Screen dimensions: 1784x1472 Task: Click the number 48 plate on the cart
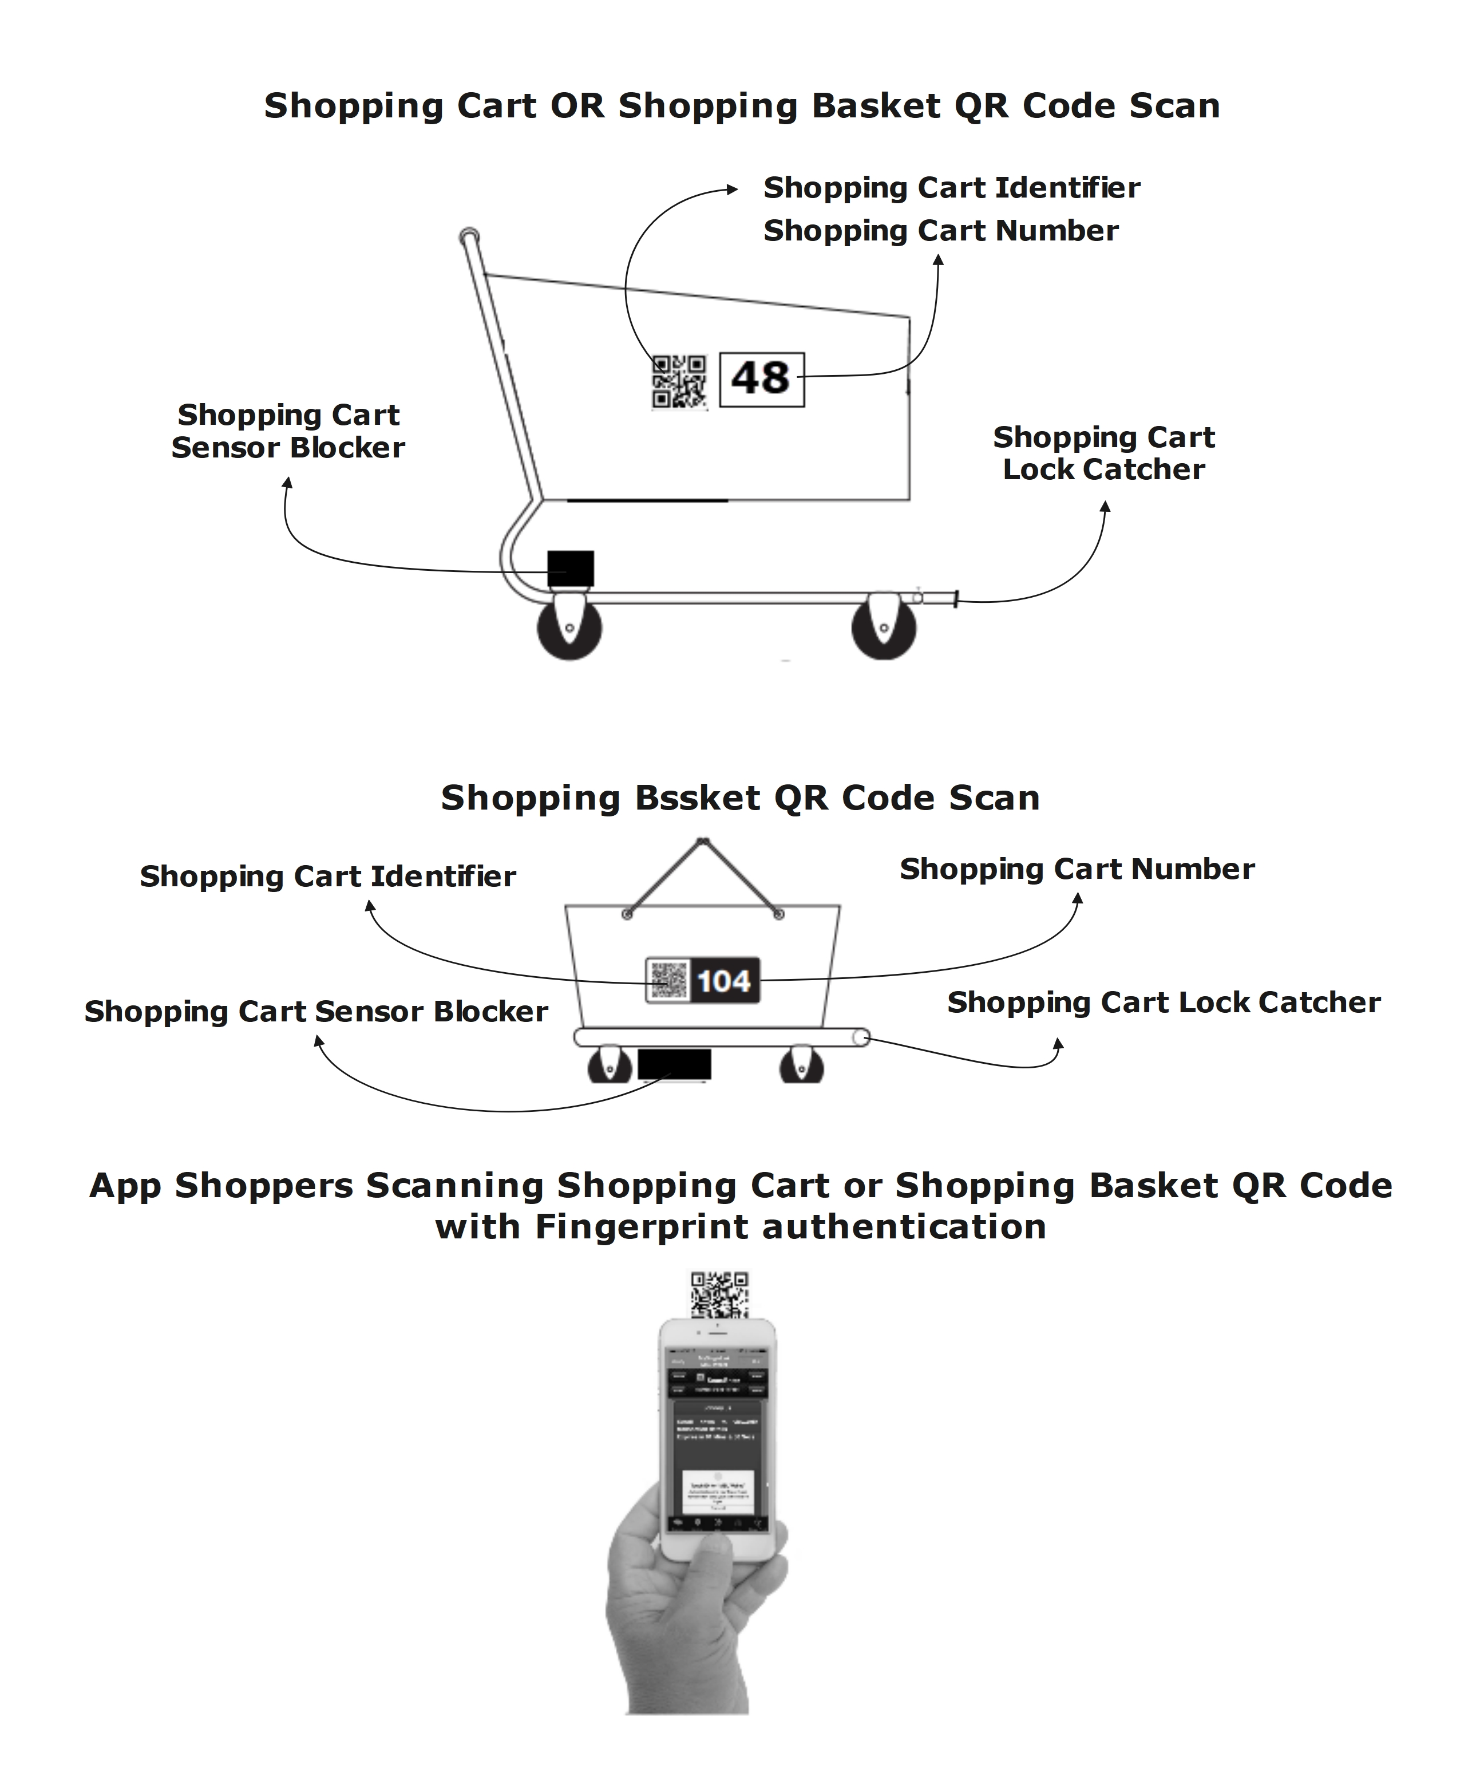click(x=761, y=379)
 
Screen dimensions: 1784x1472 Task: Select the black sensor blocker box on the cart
click(x=570, y=569)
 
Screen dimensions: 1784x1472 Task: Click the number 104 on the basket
click(x=724, y=981)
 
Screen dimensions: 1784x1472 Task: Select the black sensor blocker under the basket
click(x=674, y=1064)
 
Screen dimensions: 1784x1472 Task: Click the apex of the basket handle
click(x=702, y=842)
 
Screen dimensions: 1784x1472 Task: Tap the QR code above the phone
click(x=719, y=1294)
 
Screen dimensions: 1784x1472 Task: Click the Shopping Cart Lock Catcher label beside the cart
click(x=1103, y=453)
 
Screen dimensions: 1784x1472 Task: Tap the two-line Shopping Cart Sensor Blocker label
click(x=288, y=431)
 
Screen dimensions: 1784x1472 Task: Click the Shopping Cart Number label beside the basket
click(x=1077, y=869)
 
